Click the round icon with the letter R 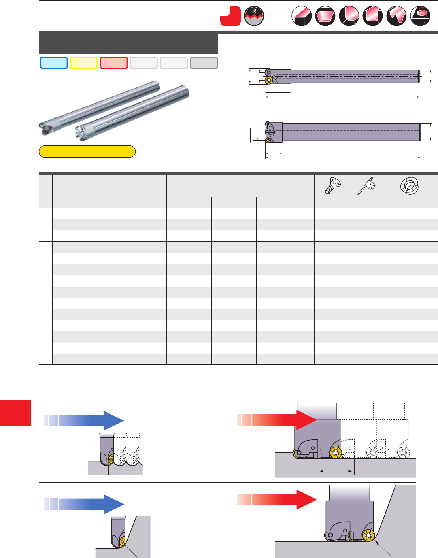click(x=254, y=16)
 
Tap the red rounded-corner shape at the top click(x=230, y=16)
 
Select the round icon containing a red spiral click(x=420, y=16)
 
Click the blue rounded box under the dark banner click(x=54, y=63)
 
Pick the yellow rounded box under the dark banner click(x=84, y=63)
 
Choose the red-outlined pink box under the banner click(x=114, y=63)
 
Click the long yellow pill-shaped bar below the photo click(x=87, y=151)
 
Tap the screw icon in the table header click(x=331, y=185)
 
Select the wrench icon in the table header click(x=366, y=186)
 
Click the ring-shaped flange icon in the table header click(x=409, y=185)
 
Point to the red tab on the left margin click(x=15, y=412)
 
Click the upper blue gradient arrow click(x=84, y=420)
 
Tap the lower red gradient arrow click(x=277, y=500)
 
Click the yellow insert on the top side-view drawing click(x=268, y=80)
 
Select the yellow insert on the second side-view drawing click(x=268, y=140)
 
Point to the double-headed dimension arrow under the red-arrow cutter click(x=336, y=471)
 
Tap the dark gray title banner click(x=128, y=43)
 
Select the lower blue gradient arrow click(x=84, y=504)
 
